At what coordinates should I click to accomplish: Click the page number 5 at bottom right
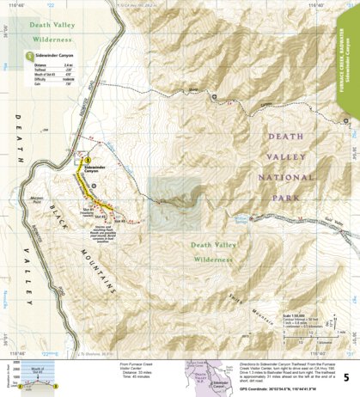[x=345, y=376]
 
